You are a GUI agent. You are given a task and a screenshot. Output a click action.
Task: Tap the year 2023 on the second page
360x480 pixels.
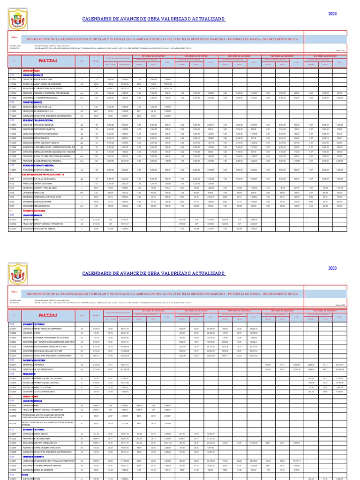pyautogui.click(x=332, y=268)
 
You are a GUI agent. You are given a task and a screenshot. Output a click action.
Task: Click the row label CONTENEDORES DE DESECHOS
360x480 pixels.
pyautogui.click(x=37, y=206)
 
